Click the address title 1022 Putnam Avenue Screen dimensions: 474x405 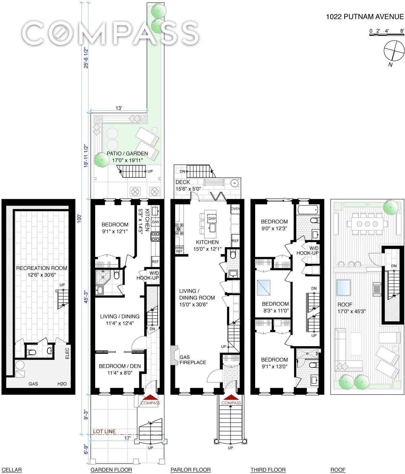point(364,17)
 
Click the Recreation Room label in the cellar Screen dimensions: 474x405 point(42,268)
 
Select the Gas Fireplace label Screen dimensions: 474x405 point(193,360)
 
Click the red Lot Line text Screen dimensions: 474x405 point(104,432)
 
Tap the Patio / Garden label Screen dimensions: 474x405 point(127,153)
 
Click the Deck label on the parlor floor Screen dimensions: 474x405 point(183,182)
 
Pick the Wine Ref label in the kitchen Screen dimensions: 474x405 point(179,249)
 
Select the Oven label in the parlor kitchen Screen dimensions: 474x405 point(235,209)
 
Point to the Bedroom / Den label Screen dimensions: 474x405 point(120,366)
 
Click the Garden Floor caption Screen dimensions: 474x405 point(111,470)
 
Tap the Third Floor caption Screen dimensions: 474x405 point(268,470)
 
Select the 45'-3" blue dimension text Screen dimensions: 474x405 point(86,297)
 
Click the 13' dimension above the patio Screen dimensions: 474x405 point(119,108)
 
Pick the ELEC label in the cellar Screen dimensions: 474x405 point(67,353)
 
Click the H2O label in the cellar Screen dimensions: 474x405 point(62,384)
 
